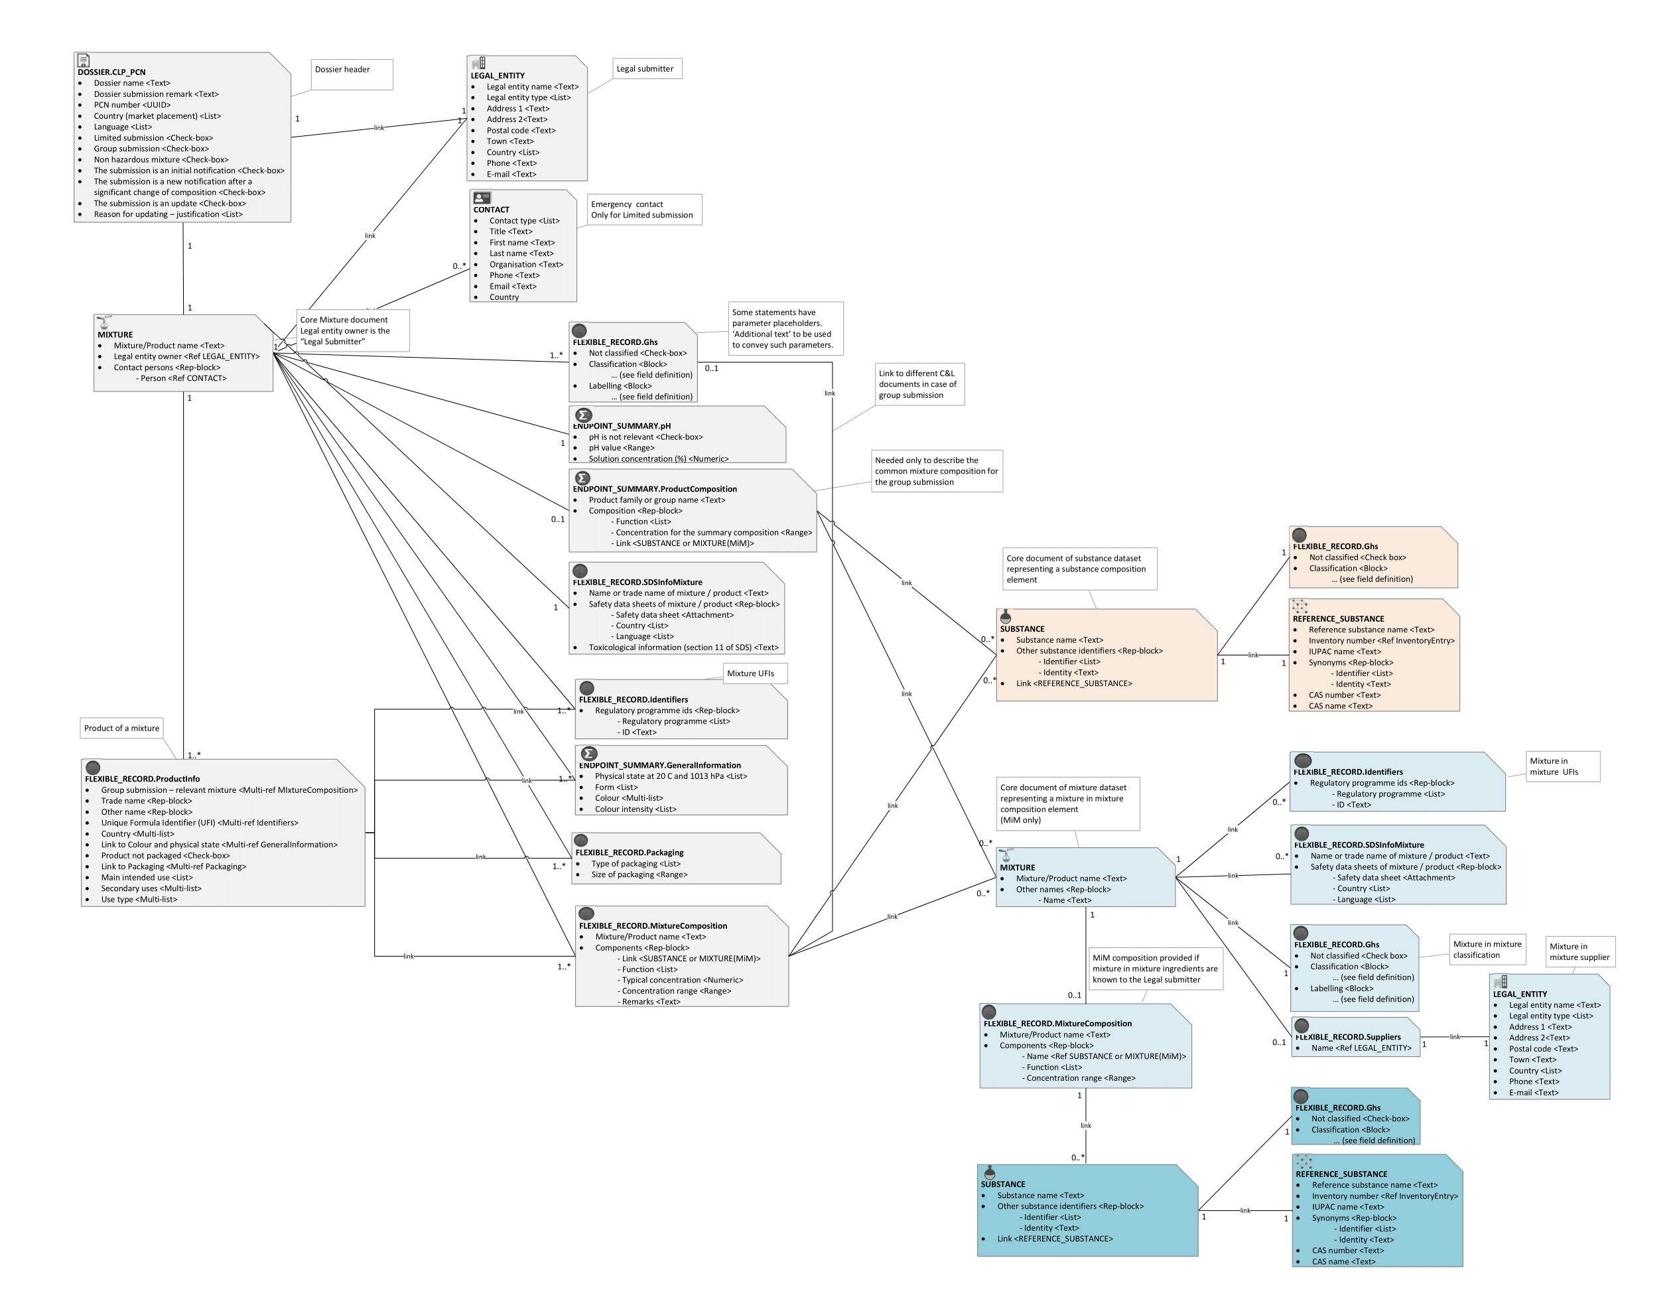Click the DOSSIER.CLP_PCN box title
111,72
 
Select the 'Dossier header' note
352,74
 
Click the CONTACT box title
492,210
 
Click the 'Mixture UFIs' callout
754,673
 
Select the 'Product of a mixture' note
121,728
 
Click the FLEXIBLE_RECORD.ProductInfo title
142,779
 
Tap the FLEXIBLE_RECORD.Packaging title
629,853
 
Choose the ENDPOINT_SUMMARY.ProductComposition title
654,489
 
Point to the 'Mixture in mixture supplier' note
1579,951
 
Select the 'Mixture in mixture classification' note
1487,949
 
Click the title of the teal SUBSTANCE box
1003,1184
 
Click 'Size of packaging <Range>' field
639,874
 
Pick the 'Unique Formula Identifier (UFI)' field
200,823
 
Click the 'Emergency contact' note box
643,210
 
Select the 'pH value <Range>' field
621,448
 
